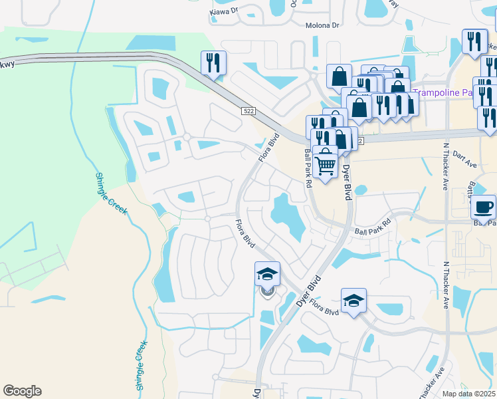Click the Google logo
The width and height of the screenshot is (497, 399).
[x=22, y=391]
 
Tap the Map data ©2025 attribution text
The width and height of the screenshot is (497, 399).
[x=468, y=394]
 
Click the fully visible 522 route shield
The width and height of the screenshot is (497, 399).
[x=247, y=112]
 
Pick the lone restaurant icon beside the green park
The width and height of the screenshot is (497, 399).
[x=213, y=63]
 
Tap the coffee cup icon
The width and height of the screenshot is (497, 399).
[x=483, y=206]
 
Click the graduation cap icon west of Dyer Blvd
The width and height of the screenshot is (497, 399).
[x=267, y=273]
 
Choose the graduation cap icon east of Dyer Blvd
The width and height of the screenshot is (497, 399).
[x=354, y=300]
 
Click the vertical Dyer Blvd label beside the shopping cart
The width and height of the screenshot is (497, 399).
[x=346, y=183]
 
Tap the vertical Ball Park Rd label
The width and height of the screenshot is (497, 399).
[x=308, y=168]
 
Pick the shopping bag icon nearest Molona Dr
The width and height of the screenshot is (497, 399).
[x=339, y=75]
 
